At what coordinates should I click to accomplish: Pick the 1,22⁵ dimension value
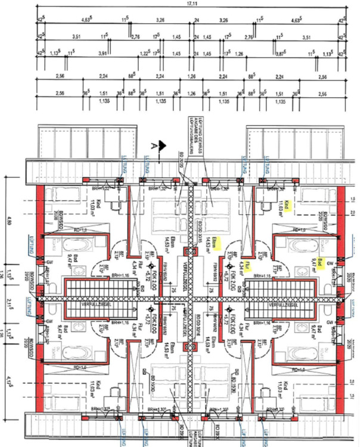click(x=144, y=54)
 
